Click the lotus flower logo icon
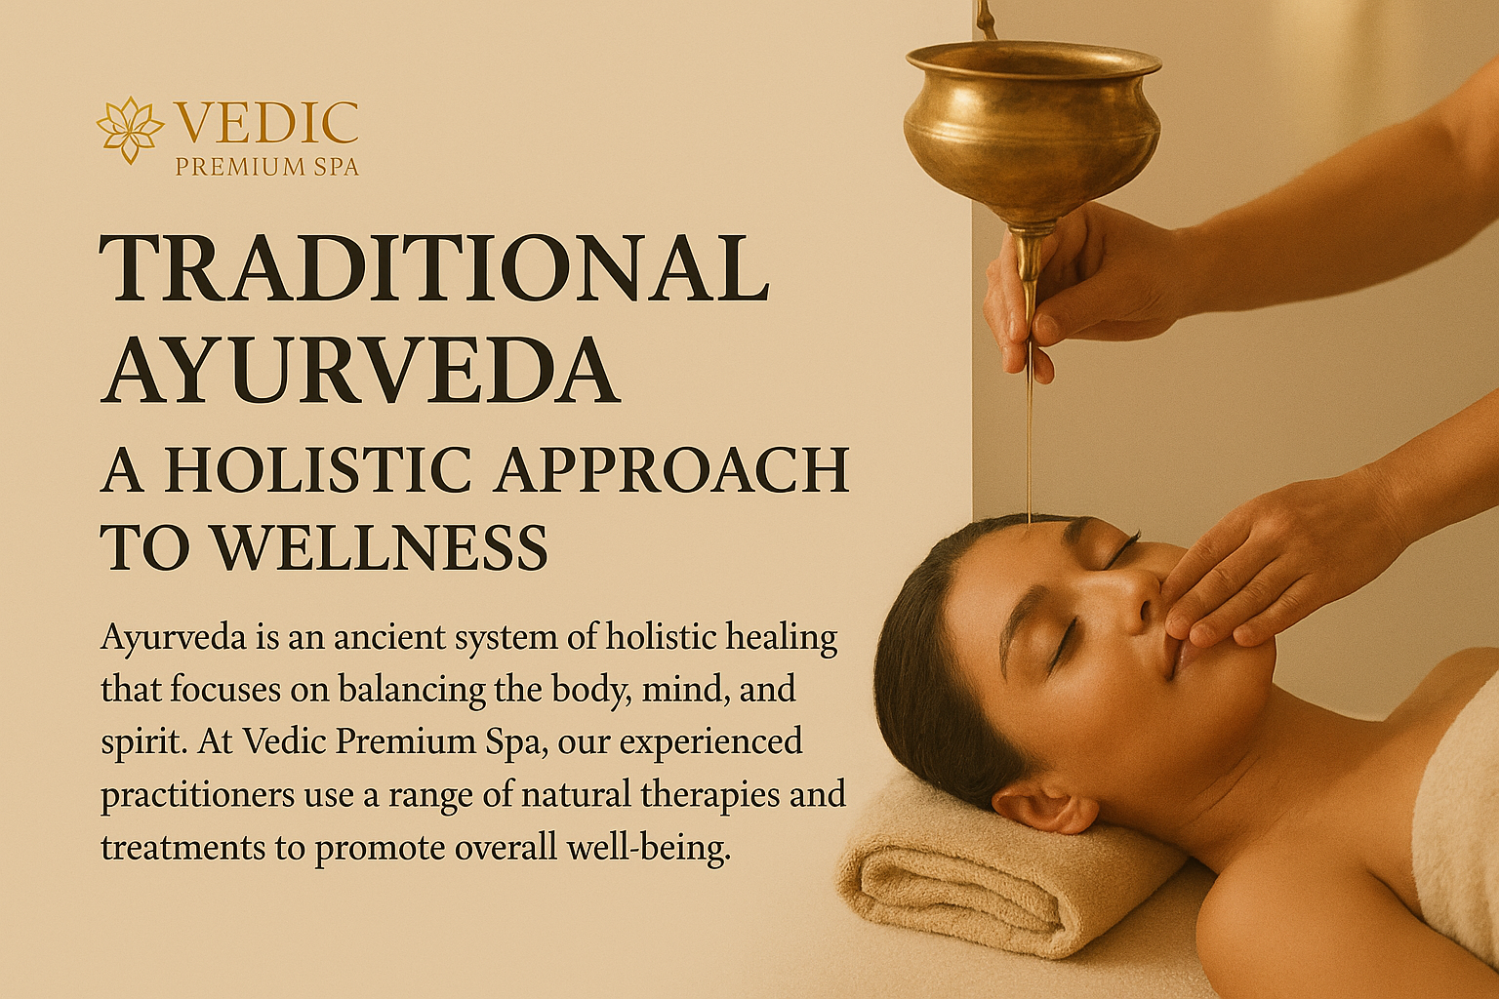pos(130,130)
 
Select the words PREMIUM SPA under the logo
pos(267,167)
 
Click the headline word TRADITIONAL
pos(433,267)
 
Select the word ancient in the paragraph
pos(388,637)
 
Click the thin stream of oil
pos(1030,428)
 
